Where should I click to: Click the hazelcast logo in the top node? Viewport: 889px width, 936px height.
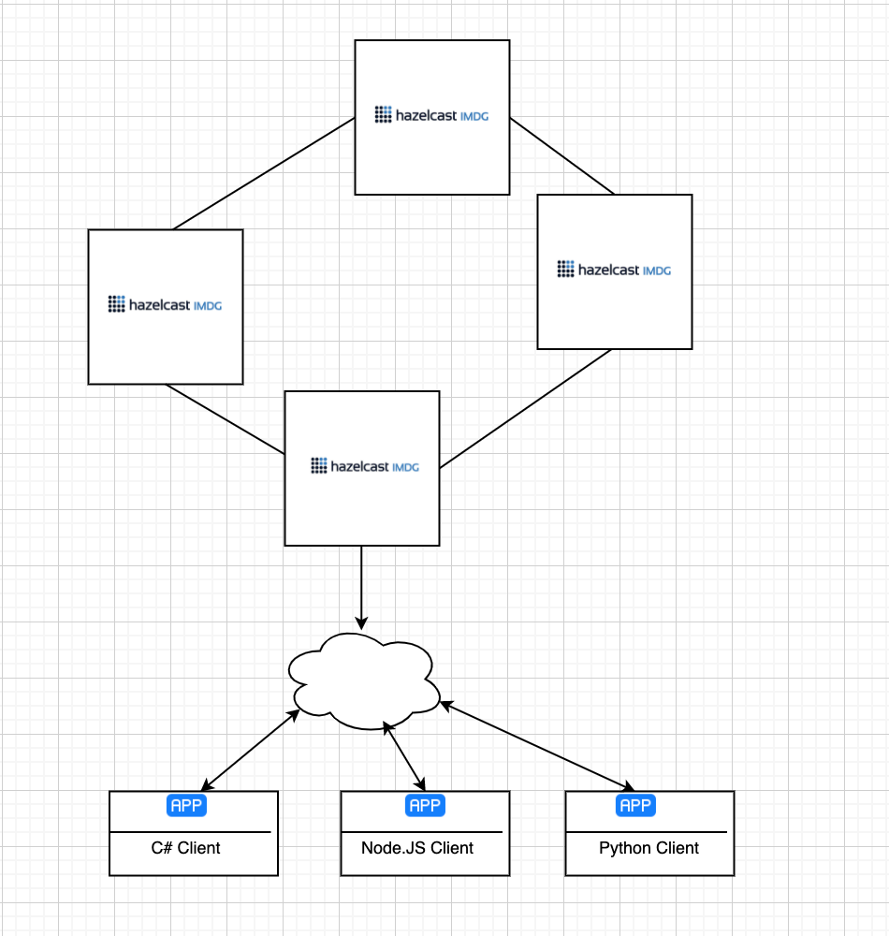point(431,115)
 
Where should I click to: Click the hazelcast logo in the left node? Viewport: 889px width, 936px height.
point(165,304)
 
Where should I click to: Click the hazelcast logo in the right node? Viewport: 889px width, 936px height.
point(614,270)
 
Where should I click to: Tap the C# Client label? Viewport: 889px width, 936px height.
point(186,848)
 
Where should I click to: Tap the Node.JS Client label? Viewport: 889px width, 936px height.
point(417,848)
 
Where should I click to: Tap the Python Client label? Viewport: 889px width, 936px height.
point(649,848)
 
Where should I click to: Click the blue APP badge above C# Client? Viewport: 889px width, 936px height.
point(186,806)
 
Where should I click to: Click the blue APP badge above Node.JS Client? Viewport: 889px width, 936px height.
point(425,806)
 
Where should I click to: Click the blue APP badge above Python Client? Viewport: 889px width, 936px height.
point(635,806)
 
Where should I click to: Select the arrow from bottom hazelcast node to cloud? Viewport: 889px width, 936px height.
point(361,585)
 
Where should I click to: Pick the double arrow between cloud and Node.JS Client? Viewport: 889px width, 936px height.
point(405,755)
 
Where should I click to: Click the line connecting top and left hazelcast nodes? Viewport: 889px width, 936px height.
point(264,173)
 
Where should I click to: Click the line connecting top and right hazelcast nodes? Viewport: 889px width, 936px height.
point(561,156)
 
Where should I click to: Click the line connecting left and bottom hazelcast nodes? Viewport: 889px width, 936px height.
point(225,419)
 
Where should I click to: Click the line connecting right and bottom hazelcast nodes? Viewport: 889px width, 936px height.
point(526,409)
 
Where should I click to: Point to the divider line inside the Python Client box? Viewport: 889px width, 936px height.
point(649,831)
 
